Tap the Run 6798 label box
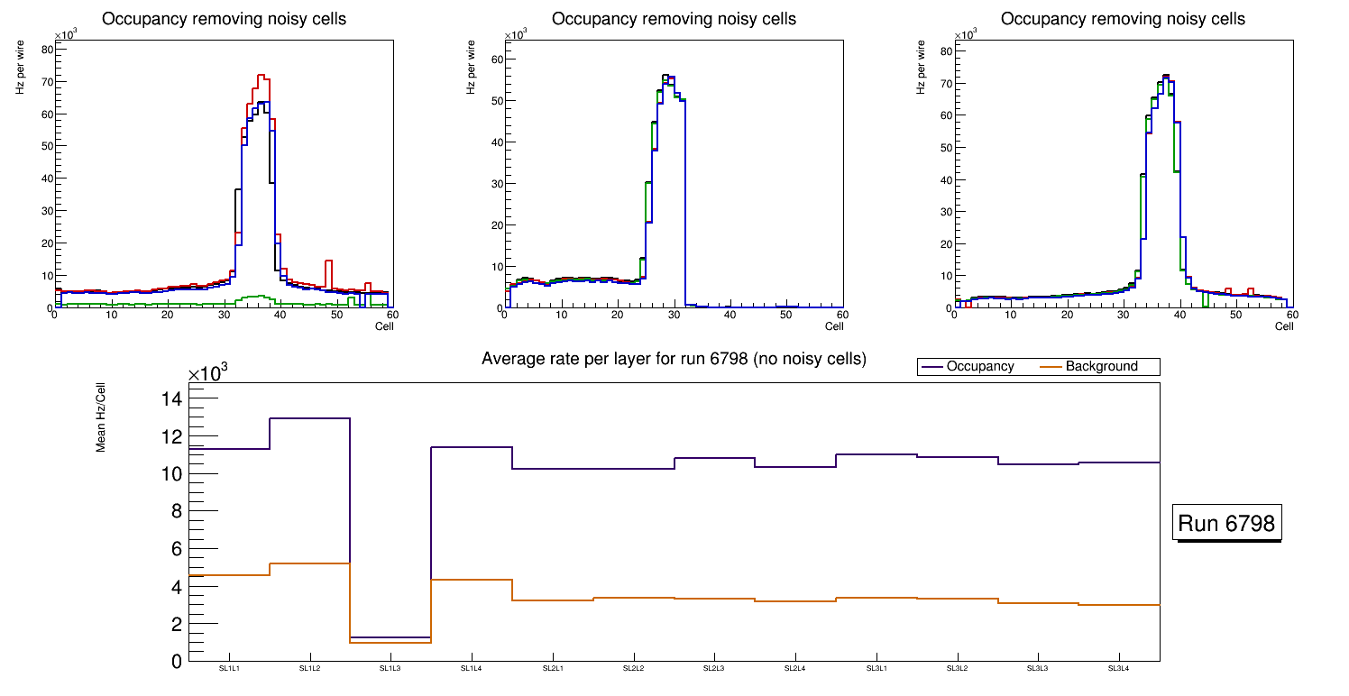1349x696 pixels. pyautogui.click(x=1228, y=524)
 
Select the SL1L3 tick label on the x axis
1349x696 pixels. pyautogui.click(x=390, y=669)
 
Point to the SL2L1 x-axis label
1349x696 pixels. pyautogui.click(x=553, y=669)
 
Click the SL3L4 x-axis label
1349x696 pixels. pyautogui.click(x=1118, y=669)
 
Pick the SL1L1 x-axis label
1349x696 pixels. pyautogui.click(x=229, y=669)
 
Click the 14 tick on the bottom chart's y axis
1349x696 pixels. pyautogui.click(x=171, y=399)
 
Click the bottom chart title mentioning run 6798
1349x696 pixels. pyautogui.click(x=674, y=360)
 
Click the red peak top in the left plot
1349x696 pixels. pyautogui.click(x=260, y=76)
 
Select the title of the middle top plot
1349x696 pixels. pyautogui.click(x=674, y=19)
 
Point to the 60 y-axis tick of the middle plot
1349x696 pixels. pyautogui.click(x=496, y=60)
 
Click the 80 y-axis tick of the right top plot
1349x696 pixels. pyautogui.click(x=947, y=51)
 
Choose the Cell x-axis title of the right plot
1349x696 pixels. pyautogui.click(x=1284, y=326)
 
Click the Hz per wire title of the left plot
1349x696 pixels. pyautogui.click(x=20, y=69)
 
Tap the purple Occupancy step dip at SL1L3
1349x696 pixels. pyautogui.click(x=390, y=637)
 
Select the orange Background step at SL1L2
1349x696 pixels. pyautogui.click(x=309, y=563)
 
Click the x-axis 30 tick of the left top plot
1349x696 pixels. pyautogui.click(x=224, y=315)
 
